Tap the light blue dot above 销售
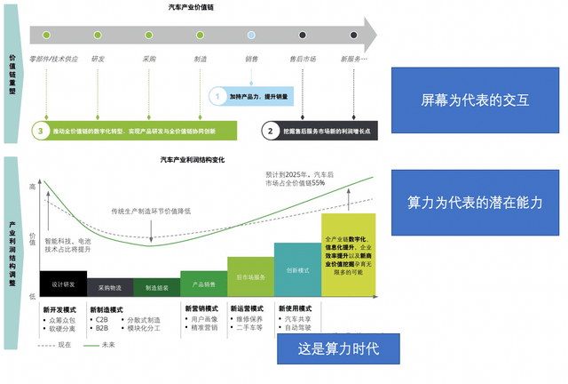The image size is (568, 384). pos(251,36)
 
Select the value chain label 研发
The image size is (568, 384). pos(98,59)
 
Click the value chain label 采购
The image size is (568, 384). pos(149,59)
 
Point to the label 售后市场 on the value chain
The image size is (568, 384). pos(303,59)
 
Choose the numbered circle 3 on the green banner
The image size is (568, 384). pos(40,131)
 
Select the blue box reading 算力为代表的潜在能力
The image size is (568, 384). pos(475,203)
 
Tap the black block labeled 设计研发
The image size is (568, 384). pos(63,284)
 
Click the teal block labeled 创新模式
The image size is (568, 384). pos(297,269)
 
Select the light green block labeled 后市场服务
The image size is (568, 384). pos(250,276)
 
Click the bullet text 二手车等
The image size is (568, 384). pos(248,328)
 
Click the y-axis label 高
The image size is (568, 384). pos(34,187)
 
